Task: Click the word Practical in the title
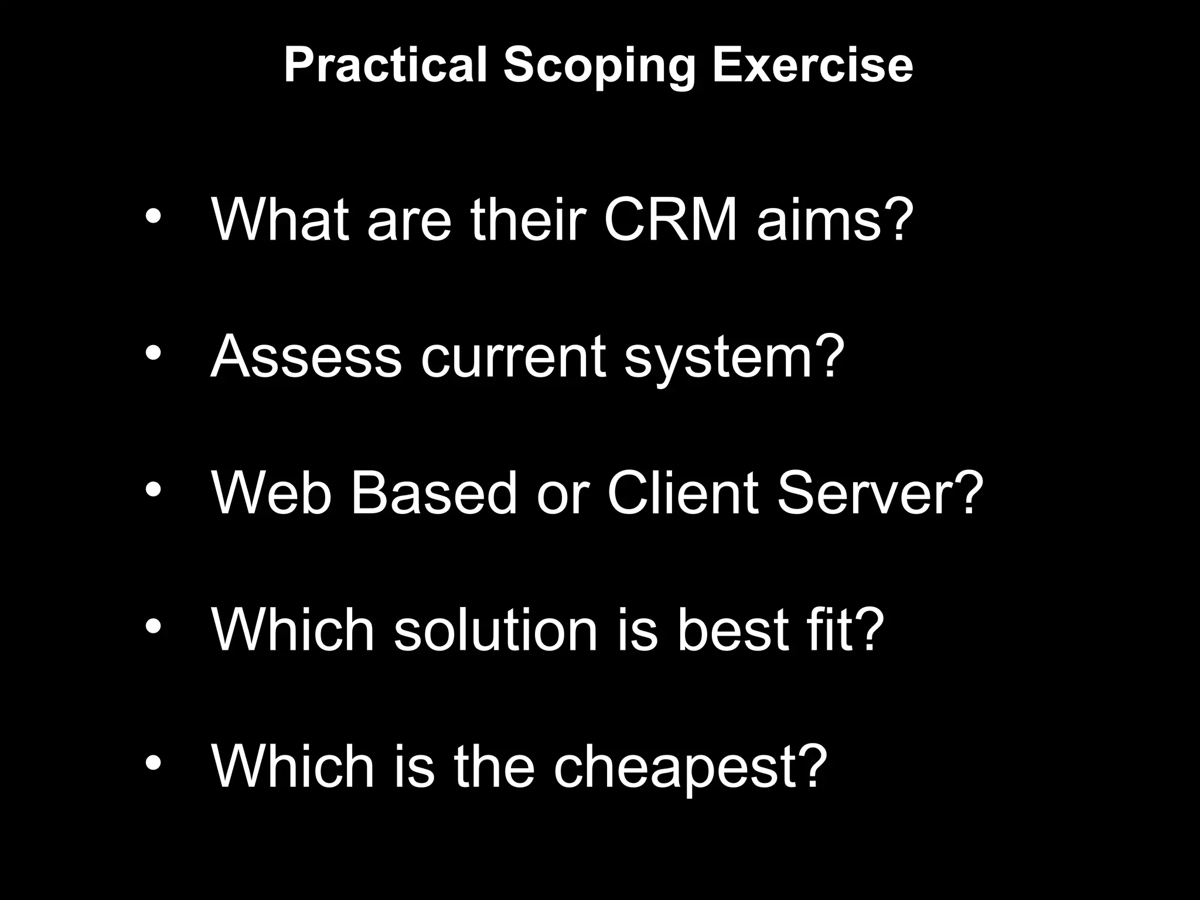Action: tap(385, 65)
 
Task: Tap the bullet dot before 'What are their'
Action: tap(153, 216)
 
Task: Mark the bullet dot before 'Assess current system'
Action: tap(153, 353)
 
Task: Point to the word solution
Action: tap(496, 630)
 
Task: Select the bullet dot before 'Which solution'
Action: tap(153, 626)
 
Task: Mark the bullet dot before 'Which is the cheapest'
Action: tap(153, 763)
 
